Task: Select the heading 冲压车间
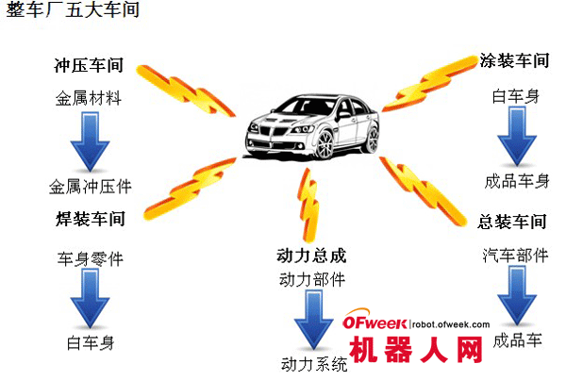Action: [90, 69]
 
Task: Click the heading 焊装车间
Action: [90, 219]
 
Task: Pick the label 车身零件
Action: [90, 257]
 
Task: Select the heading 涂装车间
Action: [514, 61]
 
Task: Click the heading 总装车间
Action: [514, 222]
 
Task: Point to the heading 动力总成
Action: [312, 256]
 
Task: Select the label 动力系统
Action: [314, 364]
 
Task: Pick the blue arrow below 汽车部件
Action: [515, 295]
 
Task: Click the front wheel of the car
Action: [322, 144]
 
